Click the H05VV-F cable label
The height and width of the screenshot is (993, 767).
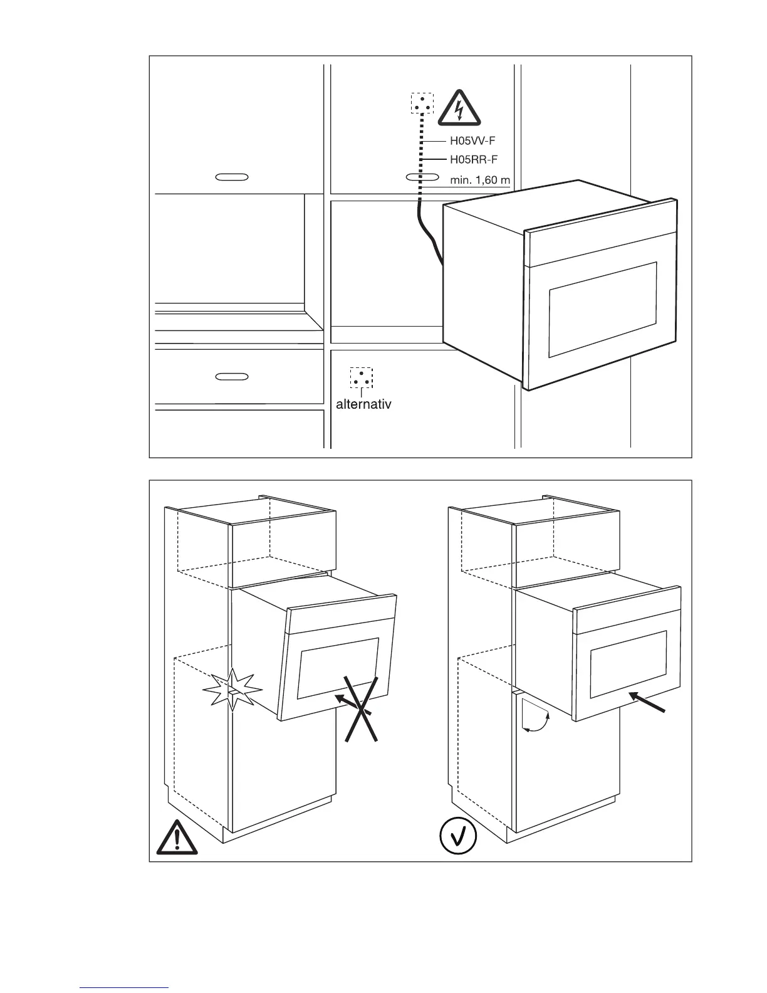pyautogui.click(x=472, y=141)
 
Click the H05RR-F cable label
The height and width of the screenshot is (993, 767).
pyautogui.click(x=473, y=160)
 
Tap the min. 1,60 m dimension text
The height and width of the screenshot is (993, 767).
pyautogui.click(x=480, y=180)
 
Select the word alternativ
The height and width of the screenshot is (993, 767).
pyautogui.click(x=363, y=404)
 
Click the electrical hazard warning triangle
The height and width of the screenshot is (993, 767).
pyautogui.click(x=459, y=108)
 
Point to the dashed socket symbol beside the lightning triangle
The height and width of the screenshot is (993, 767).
pyautogui.click(x=422, y=103)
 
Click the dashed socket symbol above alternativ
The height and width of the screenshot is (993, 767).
pyautogui.click(x=361, y=377)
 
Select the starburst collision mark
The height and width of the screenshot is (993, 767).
pyautogui.click(x=232, y=689)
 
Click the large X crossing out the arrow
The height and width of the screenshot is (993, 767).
pyautogui.click(x=361, y=709)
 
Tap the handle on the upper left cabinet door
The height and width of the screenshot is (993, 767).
pyautogui.click(x=232, y=177)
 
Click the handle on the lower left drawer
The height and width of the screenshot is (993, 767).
pyautogui.click(x=232, y=376)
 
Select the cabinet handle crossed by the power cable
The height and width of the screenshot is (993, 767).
pyautogui.click(x=422, y=177)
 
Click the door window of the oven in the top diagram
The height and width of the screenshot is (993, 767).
pyautogui.click(x=602, y=310)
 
